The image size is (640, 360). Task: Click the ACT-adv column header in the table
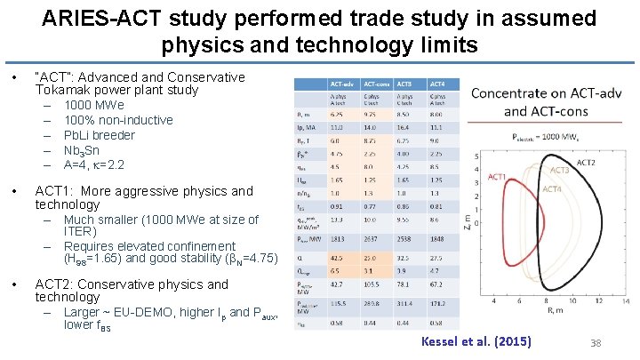click(x=343, y=83)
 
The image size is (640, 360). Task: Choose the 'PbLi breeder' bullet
click(x=99, y=135)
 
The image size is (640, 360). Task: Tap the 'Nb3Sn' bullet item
click(x=82, y=150)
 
